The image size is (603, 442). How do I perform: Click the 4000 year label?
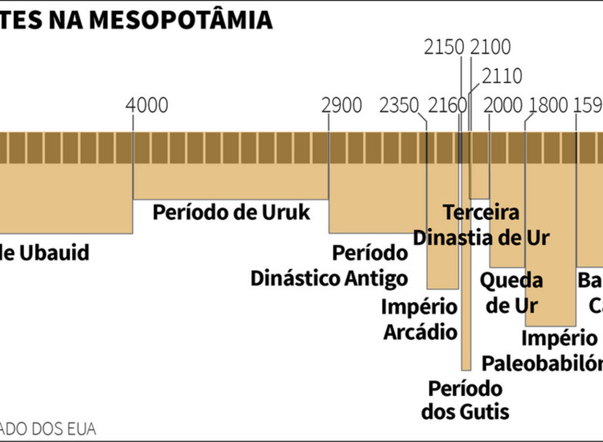(x=147, y=105)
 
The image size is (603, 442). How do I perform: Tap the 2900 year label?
(x=341, y=105)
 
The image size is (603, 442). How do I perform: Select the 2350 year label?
(x=399, y=105)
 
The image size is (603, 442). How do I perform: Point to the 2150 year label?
(x=444, y=47)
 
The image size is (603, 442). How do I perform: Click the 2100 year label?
(x=490, y=47)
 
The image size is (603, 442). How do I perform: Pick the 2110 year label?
(x=502, y=76)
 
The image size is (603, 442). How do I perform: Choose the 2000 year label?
(x=503, y=105)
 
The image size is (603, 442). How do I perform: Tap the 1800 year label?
(x=548, y=105)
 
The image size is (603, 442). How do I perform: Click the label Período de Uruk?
(x=231, y=212)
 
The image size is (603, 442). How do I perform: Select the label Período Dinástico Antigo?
(x=329, y=266)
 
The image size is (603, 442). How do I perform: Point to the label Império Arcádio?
(x=420, y=319)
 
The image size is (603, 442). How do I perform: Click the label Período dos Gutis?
(x=465, y=400)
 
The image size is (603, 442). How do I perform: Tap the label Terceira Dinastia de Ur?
(x=481, y=225)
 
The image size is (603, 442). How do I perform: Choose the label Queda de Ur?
(x=511, y=293)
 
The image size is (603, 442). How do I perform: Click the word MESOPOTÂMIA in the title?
(x=181, y=20)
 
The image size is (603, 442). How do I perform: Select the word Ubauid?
(x=54, y=252)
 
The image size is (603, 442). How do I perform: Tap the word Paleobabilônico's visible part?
(x=542, y=364)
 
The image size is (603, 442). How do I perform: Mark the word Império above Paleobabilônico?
(x=559, y=339)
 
